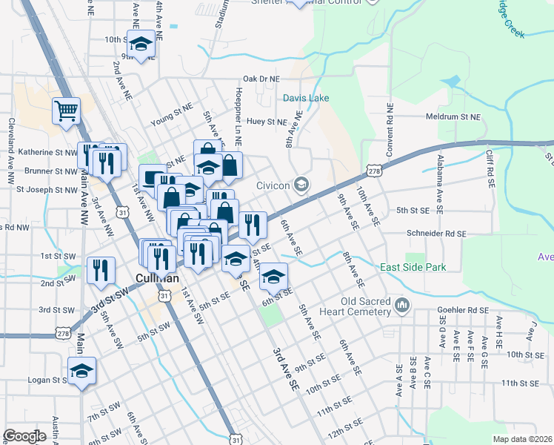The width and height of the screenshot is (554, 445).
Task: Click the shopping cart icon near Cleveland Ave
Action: pos(66,112)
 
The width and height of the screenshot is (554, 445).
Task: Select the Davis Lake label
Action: pos(306,98)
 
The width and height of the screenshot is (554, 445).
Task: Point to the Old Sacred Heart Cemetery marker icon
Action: pos(402,305)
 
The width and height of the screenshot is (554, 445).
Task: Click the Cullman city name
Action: pos(153,278)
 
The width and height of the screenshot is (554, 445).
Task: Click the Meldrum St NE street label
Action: pos(453,117)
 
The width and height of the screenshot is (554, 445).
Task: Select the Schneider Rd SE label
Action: pos(436,233)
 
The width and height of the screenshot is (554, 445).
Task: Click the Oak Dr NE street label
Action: pos(261,79)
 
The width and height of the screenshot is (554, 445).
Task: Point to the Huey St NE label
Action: pos(267,122)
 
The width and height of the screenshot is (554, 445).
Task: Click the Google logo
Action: pos(24,436)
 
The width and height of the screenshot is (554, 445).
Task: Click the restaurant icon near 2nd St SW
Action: pos(101,271)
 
